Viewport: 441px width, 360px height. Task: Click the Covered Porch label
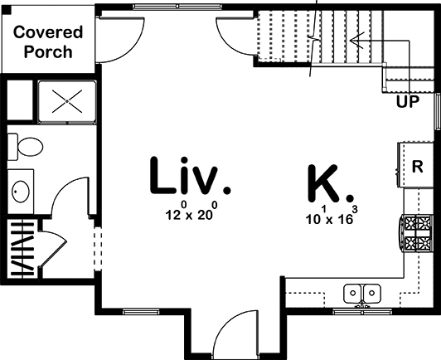(x=48, y=41)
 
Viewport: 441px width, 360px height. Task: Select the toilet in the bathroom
(x=27, y=148)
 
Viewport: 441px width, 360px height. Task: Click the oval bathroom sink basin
(x=21, y=191)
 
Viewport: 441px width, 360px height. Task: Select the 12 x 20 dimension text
(x=190, y=213)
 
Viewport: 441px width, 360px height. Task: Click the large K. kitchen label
(x=330, y=183)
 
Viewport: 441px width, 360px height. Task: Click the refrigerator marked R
(x=417, y=165)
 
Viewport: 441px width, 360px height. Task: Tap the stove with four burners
(x=417, y=234)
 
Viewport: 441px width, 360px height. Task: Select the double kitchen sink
(x=363, y=293)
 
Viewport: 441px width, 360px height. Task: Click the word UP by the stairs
(x=405, y=103)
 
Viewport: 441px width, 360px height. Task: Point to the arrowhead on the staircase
(x=354, y=39)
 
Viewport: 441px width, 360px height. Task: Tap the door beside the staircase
(x=236, y=33)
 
